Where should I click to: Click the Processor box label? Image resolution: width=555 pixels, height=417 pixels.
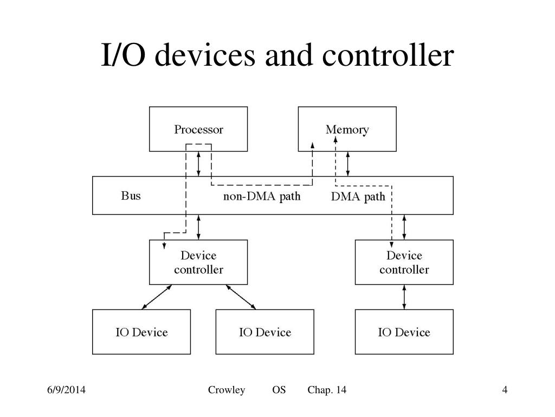[x=198, y=129]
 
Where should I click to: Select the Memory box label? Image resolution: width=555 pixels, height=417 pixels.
[x=347, y=130]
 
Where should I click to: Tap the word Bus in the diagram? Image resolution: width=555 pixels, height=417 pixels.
[x=131, y=195]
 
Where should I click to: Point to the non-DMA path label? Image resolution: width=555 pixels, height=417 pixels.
[x=262, y=196]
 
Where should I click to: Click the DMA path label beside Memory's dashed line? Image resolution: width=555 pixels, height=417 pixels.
[x=358, y=197]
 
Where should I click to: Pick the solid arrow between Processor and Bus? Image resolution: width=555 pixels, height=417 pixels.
[x=198, y=164]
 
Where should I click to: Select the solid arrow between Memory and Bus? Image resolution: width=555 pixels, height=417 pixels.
[x=348, y=164]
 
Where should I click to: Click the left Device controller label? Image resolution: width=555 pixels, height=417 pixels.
[x=198, y=262]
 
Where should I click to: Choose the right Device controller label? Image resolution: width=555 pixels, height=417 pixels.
[x=404, y=262]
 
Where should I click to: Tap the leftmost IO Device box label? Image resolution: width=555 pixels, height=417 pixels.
[x=141, y=332]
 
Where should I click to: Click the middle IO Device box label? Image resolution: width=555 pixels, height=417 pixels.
[x=265, y=332]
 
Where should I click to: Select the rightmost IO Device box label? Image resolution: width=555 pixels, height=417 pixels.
[x=404, y=332]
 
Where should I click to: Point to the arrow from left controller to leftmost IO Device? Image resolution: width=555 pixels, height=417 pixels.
[x=157, y=297]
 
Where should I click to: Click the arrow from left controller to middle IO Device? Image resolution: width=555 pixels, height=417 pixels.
[x=241, y=297]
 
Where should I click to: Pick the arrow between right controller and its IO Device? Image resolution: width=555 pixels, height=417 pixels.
[x=404, y=297]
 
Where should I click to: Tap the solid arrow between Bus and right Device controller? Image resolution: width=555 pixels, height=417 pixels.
[x=404, y=228]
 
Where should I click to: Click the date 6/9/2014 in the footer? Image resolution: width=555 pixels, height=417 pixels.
[x=66, y=390]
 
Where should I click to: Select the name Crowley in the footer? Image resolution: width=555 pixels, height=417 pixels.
[x=227, y=390]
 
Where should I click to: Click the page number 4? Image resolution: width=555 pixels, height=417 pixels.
[x=505, y=390]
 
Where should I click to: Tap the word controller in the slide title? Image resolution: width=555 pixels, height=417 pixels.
[x=388, y=55]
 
